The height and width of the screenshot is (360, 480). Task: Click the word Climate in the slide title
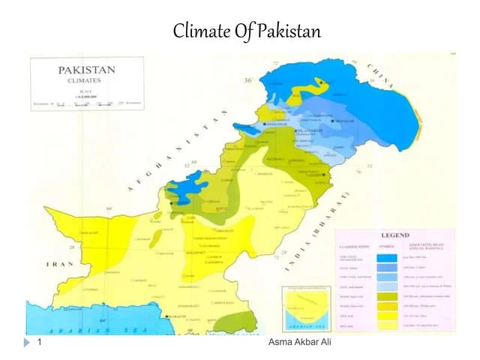[x=198, y=31]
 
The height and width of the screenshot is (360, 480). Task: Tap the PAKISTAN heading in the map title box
[x=86, y=70]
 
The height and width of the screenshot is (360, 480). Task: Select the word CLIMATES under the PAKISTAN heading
[x=86, y=80]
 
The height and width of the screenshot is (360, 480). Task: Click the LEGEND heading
[x=395, y=235]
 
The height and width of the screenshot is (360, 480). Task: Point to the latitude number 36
[x=247, y=81]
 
